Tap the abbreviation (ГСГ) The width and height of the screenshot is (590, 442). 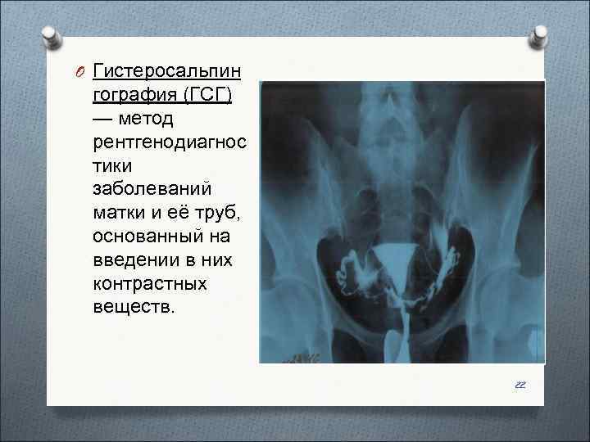(x=210, y=95)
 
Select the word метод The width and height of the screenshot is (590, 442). (x=146, y=120)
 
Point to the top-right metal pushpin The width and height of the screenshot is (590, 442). (x=538, y=34)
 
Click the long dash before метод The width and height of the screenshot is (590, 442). (x=104, y=120)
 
